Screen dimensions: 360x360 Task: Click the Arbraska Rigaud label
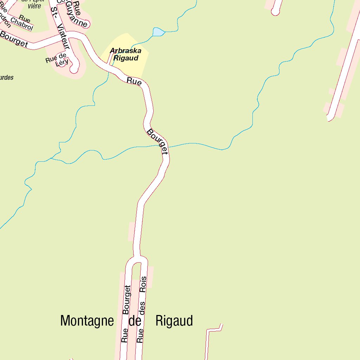point(126,54)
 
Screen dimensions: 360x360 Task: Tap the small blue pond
point(158,32)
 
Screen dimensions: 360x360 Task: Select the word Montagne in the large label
point(87,321)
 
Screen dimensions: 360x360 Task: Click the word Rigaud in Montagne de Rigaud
point(174,321)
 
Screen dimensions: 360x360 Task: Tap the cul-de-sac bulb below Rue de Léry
point(73,68)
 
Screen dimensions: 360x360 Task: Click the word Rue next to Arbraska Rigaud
point(134,81)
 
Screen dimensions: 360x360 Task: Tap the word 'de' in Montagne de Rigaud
point(135,321)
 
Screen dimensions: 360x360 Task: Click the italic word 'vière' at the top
point(34,6)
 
